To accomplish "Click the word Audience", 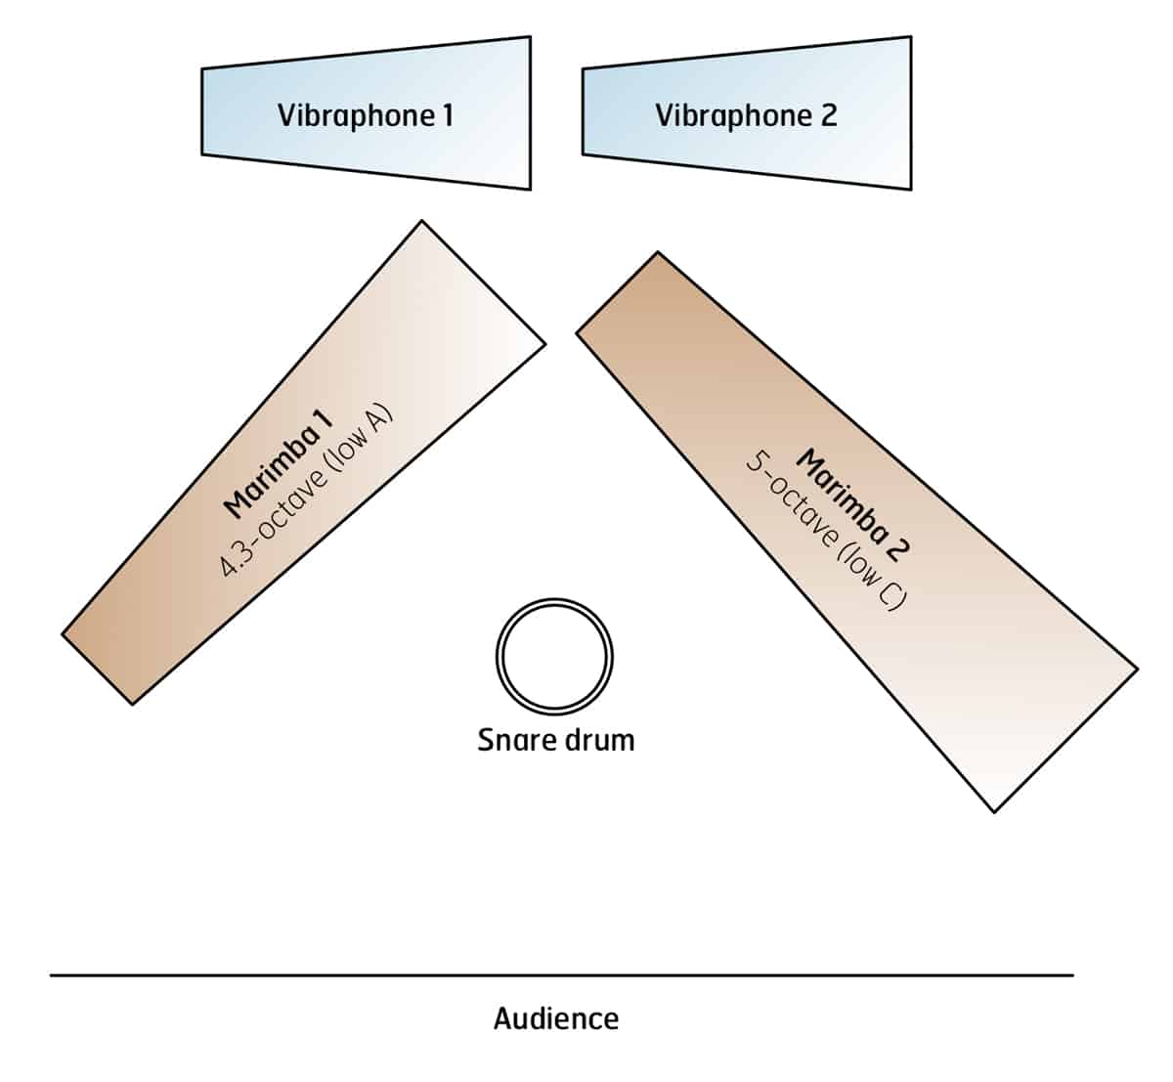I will pyautogui.click(x=555, y=1018).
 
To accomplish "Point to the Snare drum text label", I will pyautogui.click(x=555, y=740).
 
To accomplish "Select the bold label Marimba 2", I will pyautogui.click(x=853, y=502).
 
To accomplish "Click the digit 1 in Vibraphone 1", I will pyautogui.click(x=447, y=115).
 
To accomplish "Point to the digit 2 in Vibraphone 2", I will pyautogui.click(x=828, y=115).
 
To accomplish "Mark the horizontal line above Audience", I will pyautogui.click(x=561, y=974).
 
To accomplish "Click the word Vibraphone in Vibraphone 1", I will pyautogui.click(x=355, y=115).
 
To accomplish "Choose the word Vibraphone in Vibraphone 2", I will pyautogui.click(x=733, y=115).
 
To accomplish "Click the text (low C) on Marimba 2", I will pyautogui.click(x=875, y=584).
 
